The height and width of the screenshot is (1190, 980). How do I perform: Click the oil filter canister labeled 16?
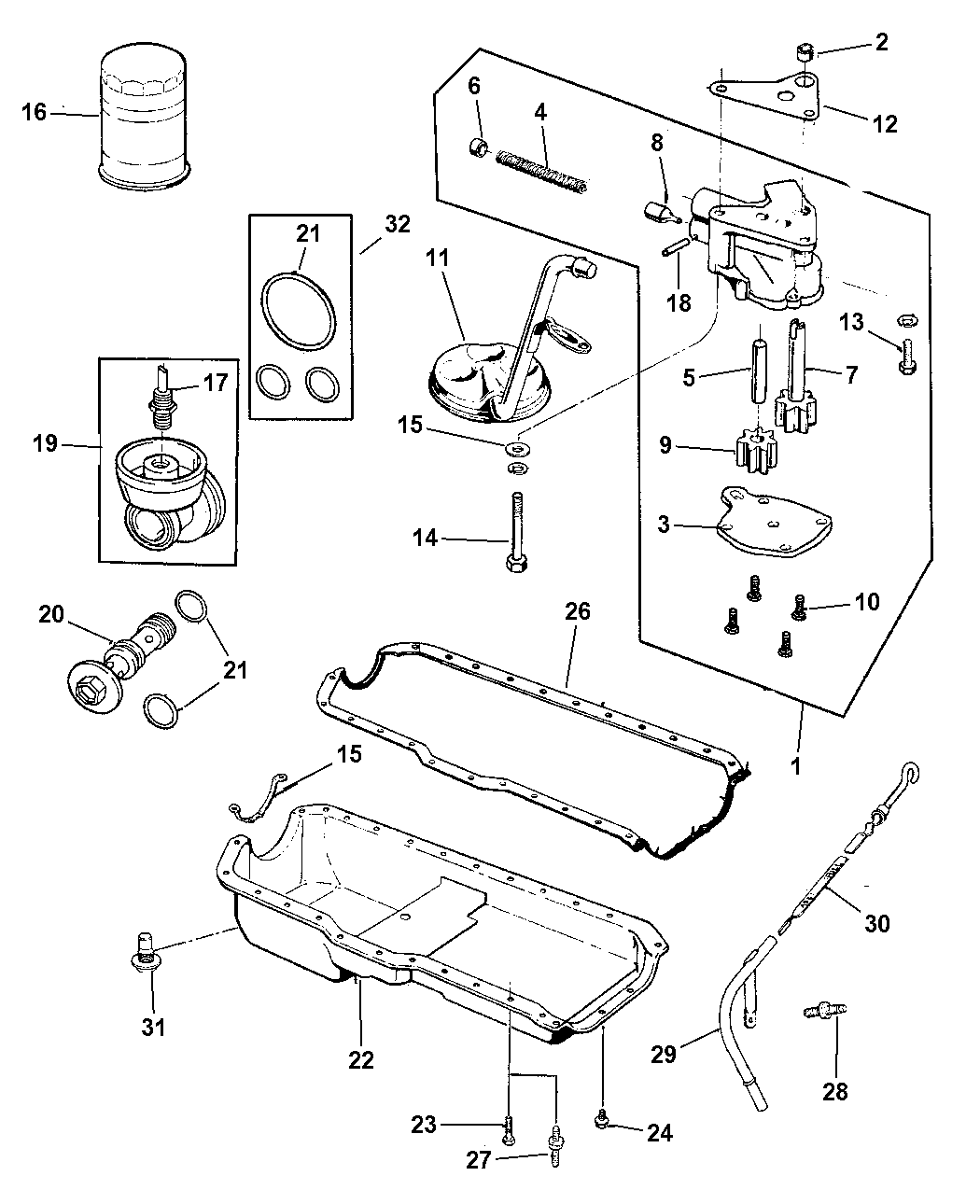(145, 117)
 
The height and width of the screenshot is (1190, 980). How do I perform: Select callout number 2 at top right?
(881, 42)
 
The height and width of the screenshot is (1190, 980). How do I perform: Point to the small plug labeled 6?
(480, 147)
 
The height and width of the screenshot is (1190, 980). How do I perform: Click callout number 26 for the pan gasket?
(578, 611)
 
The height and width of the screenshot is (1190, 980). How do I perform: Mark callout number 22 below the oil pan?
(361, 1059)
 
